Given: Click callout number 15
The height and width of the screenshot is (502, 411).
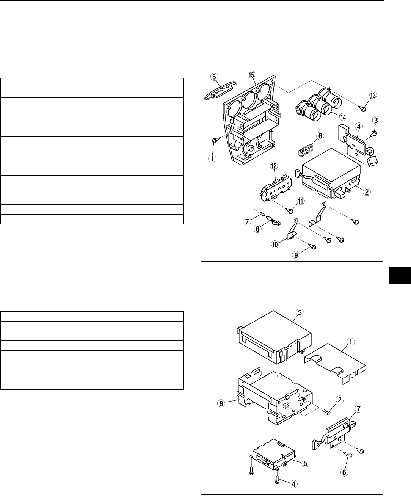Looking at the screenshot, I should [x=251, y=75].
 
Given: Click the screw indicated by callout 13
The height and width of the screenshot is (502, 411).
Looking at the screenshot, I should [x=362, y=108].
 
